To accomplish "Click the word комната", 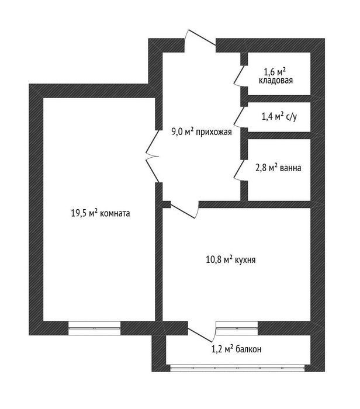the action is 115,213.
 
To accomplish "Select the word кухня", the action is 245,260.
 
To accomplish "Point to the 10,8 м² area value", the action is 219,260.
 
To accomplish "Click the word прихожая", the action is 214,132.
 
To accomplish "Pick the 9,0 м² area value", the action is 182,131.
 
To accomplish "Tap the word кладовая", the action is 276,81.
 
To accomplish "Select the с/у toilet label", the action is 292,117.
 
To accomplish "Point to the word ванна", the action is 290,168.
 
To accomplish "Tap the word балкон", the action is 248,349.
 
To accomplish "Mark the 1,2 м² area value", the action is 223,348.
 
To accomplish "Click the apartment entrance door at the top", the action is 200,38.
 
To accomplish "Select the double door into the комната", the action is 153,156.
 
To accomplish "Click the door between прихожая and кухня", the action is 184,210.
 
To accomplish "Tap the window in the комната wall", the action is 95,328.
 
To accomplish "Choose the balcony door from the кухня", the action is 201,332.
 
